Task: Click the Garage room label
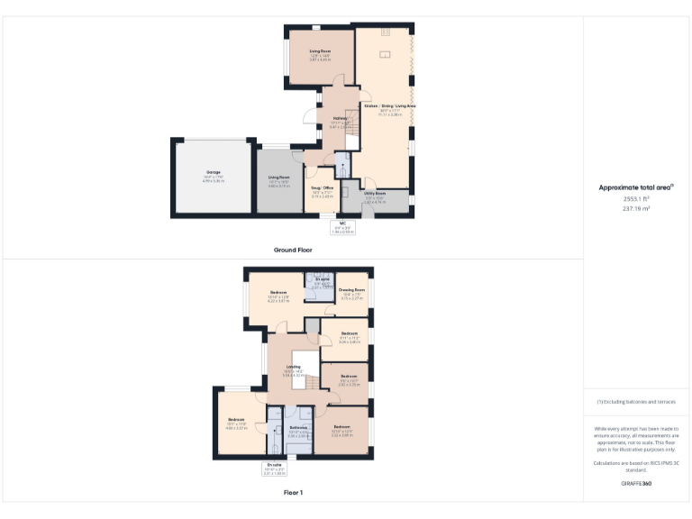214,172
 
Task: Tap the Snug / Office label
323,188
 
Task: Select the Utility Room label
375,194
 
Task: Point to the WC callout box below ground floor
342,228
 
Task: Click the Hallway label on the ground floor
340,119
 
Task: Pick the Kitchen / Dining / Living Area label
389,106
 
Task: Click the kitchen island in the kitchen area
385,56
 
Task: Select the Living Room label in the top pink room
321,51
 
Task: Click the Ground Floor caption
293,249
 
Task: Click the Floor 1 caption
293,493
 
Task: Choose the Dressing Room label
351,289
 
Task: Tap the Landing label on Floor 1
293,367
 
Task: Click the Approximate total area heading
636,187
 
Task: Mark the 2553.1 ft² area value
636,198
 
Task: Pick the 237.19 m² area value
636,208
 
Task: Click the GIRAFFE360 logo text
636,484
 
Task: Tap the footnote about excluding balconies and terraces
636,402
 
